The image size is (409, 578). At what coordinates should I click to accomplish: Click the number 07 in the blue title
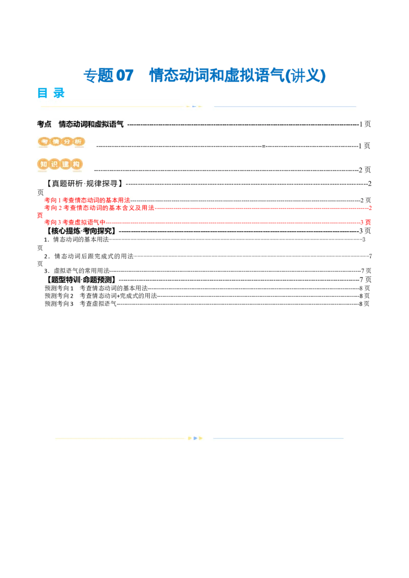(124, 76)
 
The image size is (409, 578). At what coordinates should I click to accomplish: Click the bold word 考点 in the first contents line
(44, 124)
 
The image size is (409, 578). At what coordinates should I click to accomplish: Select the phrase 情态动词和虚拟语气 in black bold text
(91, 124)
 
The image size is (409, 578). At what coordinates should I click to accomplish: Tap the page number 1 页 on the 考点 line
(365, 124)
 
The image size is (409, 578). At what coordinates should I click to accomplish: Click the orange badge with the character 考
(44, 141)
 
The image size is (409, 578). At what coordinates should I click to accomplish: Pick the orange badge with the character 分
(66, 141)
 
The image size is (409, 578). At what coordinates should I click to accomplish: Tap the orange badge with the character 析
(78, 141)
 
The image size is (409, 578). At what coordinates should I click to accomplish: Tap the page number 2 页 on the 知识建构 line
(365, 170)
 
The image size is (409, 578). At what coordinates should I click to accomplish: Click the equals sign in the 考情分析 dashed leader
(264, 146)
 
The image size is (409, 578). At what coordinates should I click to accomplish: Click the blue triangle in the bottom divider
(195, 438)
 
